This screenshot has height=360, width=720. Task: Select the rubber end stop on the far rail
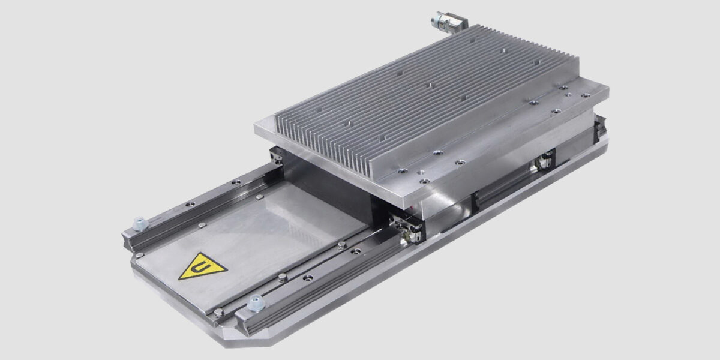139,224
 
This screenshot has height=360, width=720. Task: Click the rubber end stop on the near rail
255,304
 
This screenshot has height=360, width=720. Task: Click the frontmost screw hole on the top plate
424,180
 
